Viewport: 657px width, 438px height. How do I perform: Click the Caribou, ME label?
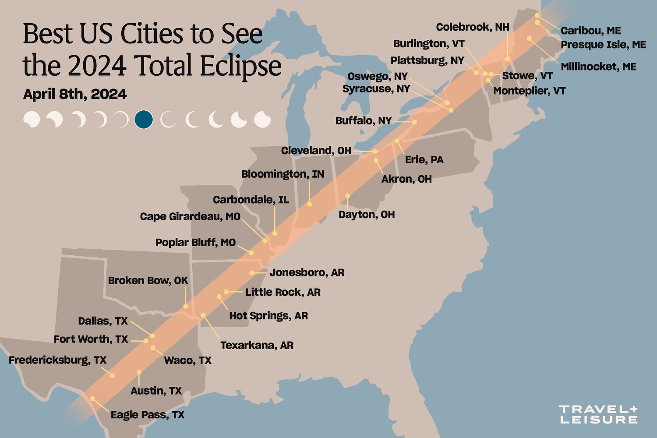point(590,31)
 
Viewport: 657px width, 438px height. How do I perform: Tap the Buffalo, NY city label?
point(363,120)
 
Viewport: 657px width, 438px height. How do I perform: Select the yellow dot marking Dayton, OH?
point(347,196)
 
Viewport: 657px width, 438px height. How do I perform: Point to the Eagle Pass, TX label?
point(147,415)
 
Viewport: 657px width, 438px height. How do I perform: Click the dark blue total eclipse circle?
point(144,119)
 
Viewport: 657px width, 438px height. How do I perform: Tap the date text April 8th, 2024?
point(75,94)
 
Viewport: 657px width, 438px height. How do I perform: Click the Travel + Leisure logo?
point(598,414)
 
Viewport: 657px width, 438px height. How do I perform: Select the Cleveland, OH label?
point(316,151)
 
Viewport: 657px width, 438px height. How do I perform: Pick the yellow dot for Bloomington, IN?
point(309,204)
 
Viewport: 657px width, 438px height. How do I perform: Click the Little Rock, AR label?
point(283,292)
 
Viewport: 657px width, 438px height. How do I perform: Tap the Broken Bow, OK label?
point(148,280)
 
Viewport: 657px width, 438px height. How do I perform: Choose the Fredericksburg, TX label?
point(57,360)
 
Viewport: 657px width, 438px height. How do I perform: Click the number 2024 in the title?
point(97,66)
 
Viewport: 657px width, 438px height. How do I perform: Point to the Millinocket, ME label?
point(598,67)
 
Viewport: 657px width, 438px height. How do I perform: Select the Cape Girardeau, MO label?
point(190,216)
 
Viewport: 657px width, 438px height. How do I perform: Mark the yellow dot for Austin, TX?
point(139,372)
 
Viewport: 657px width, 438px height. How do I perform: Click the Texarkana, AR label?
point(257,345)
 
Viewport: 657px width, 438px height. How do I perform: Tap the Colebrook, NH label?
point(472,27)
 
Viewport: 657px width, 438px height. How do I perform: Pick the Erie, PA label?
point(424,159)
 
